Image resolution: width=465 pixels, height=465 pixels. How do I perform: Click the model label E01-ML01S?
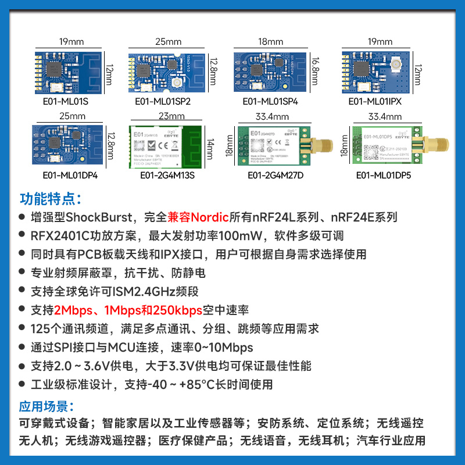coord(62,101)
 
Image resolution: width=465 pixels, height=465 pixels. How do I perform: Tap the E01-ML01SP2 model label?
coord(163,101)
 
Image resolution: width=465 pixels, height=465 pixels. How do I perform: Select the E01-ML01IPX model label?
coord(375,101)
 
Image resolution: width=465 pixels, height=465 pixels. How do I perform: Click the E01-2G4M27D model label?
coord(276,175)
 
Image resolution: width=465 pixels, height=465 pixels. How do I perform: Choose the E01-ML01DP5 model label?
coord(383,175)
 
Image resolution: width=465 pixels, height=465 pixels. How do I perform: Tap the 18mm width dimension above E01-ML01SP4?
coord(270,42)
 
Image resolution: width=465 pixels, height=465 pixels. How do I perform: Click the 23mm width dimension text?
coord(171,116)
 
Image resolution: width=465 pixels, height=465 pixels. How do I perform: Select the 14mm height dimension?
coord(210,145)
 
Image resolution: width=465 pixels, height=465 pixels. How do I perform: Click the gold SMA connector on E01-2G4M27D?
coord(319,145)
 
